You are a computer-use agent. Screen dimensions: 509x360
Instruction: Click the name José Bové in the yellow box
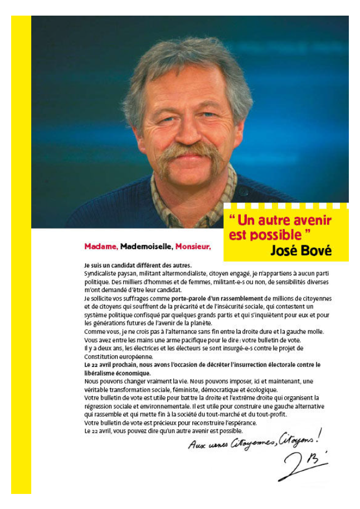(x=300, y=250)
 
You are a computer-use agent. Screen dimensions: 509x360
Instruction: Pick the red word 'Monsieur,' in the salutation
(x=193, y=246)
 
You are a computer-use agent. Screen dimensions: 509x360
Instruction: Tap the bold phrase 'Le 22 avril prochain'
(x=114, y=365)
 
